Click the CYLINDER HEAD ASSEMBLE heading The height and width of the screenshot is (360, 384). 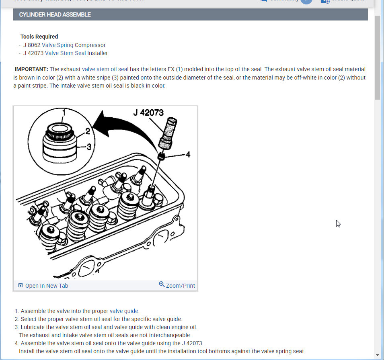click(x=55, y=14)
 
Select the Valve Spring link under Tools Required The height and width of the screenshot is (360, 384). click(x=57, y=45)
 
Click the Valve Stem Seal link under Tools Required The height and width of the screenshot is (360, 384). click(x=65, y=53)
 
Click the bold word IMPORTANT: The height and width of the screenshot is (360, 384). click(x=31, y=70)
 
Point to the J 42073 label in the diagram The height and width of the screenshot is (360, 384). click(x=148, y=113)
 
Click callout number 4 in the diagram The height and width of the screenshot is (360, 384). click(x=187, y=154)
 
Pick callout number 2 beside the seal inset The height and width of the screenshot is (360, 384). click(x=88, y=131)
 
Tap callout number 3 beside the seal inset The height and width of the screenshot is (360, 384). click(x=89, y=147)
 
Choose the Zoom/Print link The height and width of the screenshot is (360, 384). click(x=180, y=286)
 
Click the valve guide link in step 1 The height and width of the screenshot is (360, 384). click(x=124, y=311)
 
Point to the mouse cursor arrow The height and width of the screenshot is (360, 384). click(x=338, y=223)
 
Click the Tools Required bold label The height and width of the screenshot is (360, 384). click(x=39, y=37)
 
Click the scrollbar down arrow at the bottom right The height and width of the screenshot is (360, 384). click(x=377, y=355)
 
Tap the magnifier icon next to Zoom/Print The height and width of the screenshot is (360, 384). click(x=162, y=284)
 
